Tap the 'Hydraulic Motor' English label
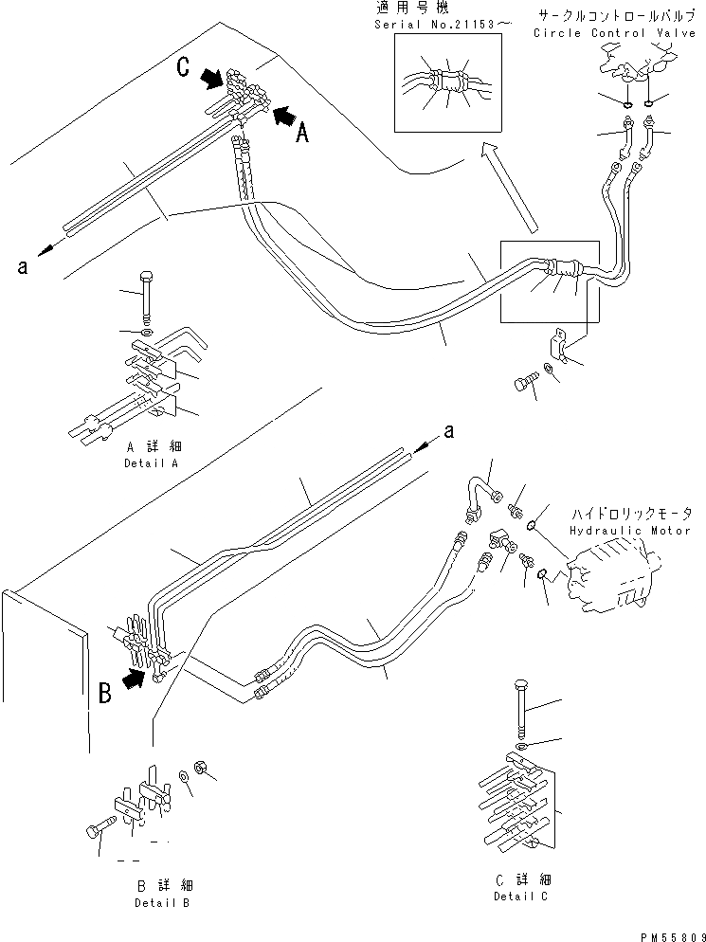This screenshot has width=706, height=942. (x=631, y=531)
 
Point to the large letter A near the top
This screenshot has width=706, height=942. (x=302, y=135)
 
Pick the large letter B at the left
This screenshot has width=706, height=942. (x=105, y=696)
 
